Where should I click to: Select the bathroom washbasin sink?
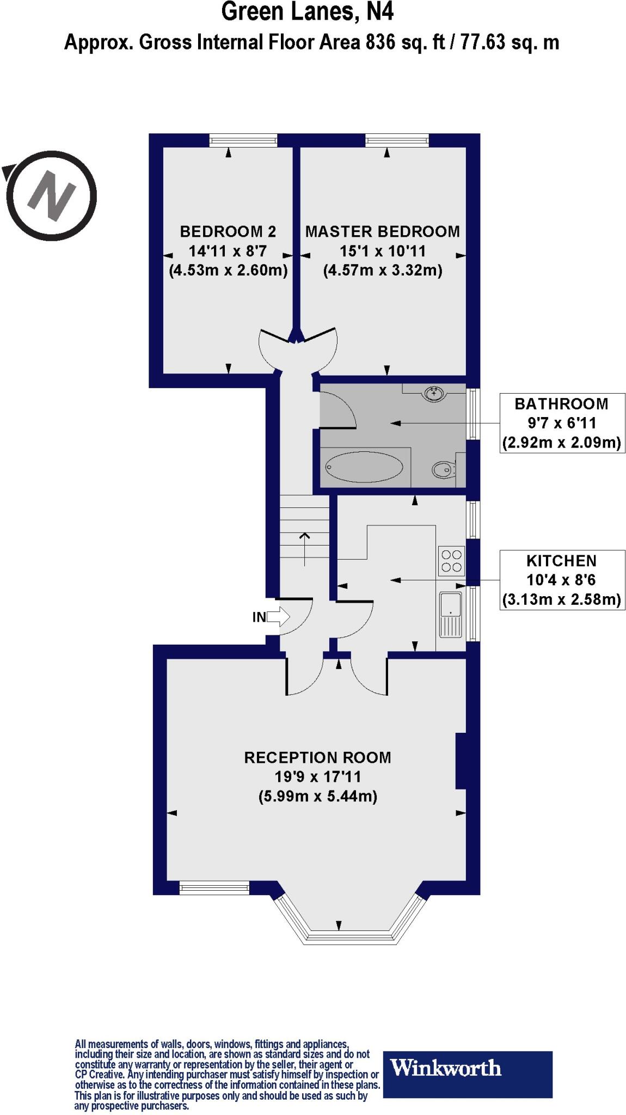click(433, 393)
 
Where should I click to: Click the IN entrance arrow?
click(278, 617)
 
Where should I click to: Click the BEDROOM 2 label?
click(228, 232)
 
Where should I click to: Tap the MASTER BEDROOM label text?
click(382, 232)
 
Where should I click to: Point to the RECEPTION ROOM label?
click(317, 758)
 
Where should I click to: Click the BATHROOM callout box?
click(562, 423)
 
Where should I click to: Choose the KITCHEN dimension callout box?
click(562, 580)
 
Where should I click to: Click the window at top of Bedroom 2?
click(243, 141)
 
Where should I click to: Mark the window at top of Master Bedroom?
click(397, 141)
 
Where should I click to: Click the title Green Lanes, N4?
click(307, 12)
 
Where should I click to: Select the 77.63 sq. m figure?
click(510, 42)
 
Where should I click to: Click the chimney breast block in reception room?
click(461, 761)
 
